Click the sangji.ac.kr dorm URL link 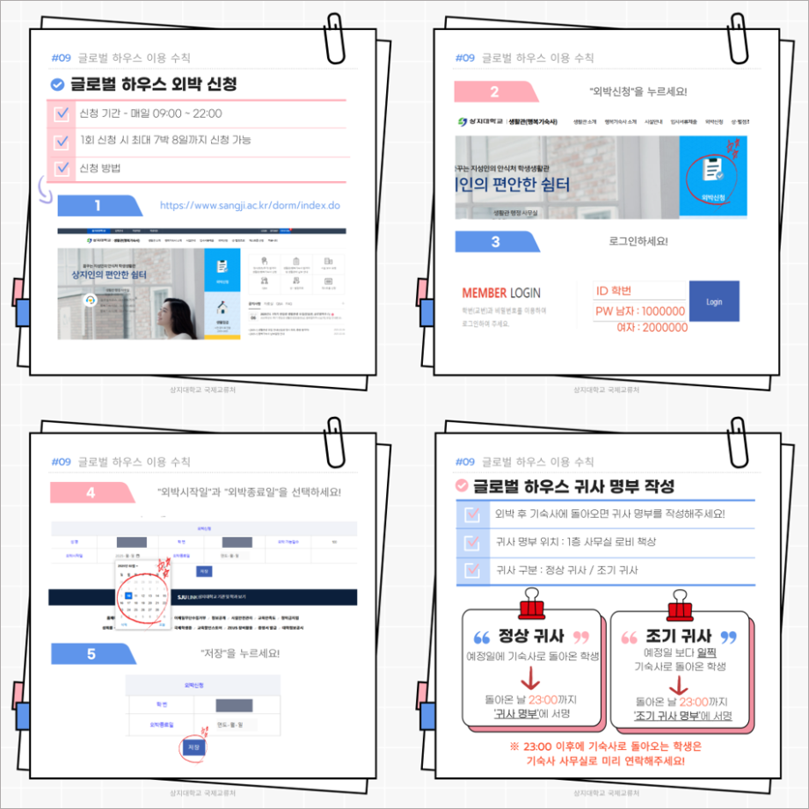[250, 206]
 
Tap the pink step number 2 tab [494, 91]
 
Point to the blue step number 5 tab [91, 653]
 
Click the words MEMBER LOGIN [501, 293]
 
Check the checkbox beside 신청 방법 [62, 168]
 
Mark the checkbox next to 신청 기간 [62, 113]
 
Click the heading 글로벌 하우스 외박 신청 [153, 84]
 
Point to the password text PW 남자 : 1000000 [640, 310]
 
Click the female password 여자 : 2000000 [652, 327]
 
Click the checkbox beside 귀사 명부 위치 [470, 542]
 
